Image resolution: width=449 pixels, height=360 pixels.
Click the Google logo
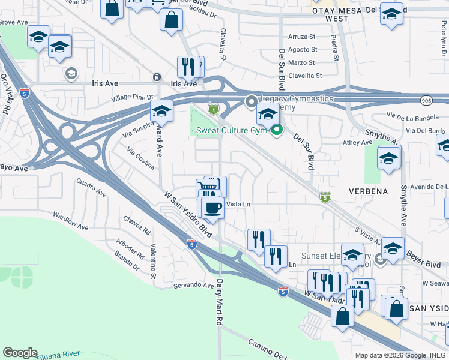[20, 353]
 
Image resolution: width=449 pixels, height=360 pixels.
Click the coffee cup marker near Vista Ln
[212, 209]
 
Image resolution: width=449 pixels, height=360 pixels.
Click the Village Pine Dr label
[133, 97]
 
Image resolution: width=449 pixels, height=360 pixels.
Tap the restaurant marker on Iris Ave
[189, 67]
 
